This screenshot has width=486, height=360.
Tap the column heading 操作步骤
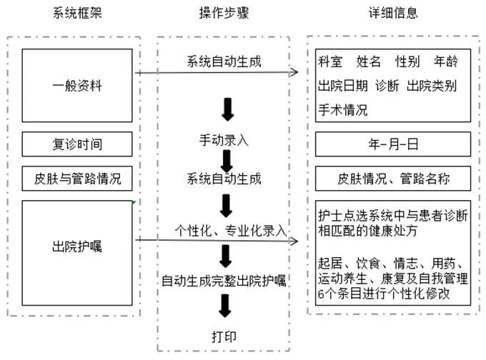point(223,13)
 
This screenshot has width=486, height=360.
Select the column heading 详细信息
point(392,13)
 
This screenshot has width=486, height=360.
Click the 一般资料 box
point(77,85)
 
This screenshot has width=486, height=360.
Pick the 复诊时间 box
point(77,144)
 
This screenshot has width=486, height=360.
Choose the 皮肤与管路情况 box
point(77,178)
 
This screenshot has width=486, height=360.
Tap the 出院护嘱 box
point(77,248)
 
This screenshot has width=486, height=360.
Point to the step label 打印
point(224,336)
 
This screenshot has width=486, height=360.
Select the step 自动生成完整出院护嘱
point(224,281)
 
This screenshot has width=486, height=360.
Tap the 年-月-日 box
point(392,144)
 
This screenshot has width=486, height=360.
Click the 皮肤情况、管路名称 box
point(392,178)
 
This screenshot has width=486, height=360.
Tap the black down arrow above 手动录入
point(227,109)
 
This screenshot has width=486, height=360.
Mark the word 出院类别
point(431,86)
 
